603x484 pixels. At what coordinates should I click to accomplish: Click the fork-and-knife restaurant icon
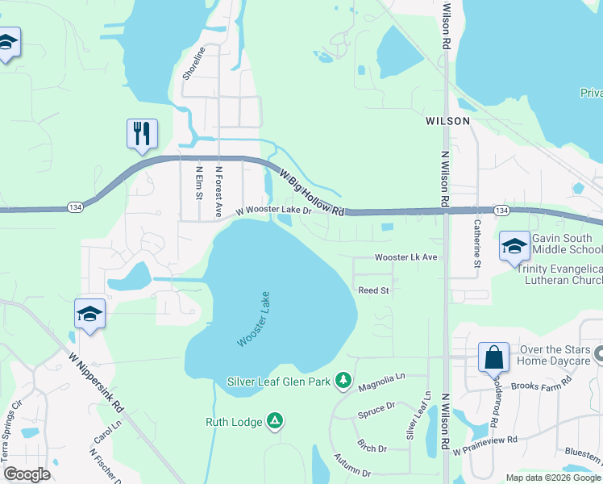tap(142, 133)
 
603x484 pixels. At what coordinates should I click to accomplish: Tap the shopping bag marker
tap(493, 357)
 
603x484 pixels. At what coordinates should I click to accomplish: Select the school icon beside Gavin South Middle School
tap(514, 247)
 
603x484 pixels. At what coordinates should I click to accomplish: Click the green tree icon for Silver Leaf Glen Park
tap(343, 380)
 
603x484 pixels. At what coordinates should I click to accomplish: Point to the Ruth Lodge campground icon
tap(275, 420)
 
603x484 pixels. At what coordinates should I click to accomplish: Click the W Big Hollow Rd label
tap(311, 192)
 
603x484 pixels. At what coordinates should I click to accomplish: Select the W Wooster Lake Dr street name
tap(273, 211)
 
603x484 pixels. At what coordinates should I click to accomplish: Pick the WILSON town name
tap(447, 120)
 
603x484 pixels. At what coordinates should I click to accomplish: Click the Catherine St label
tap(476, 244)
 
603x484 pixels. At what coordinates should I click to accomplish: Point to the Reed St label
tap(373, 290)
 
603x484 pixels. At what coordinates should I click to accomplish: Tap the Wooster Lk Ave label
tap(405, 257)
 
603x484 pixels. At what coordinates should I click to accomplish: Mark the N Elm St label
tap(199, 183)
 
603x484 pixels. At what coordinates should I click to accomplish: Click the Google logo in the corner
tap(27, 474)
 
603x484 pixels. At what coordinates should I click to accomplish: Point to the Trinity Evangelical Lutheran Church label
tap(559, 274)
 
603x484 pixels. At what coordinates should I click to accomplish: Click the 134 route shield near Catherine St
tap(501, 211)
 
